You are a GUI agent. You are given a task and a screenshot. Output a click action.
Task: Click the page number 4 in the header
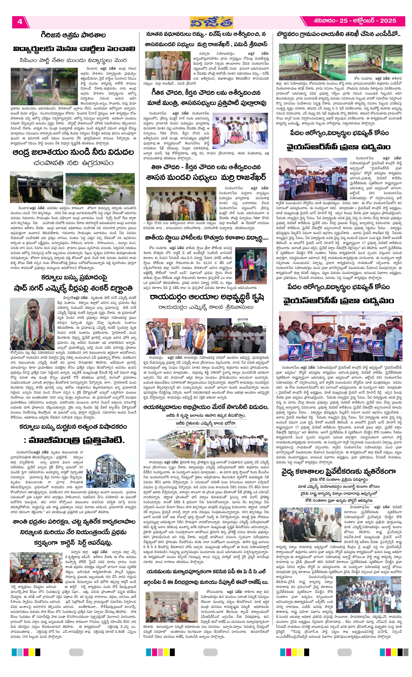[x=20, y=22]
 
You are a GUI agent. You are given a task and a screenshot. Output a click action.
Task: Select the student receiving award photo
[x=251, y=265]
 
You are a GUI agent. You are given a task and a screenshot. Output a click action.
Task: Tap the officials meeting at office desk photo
[x=172, y=606]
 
